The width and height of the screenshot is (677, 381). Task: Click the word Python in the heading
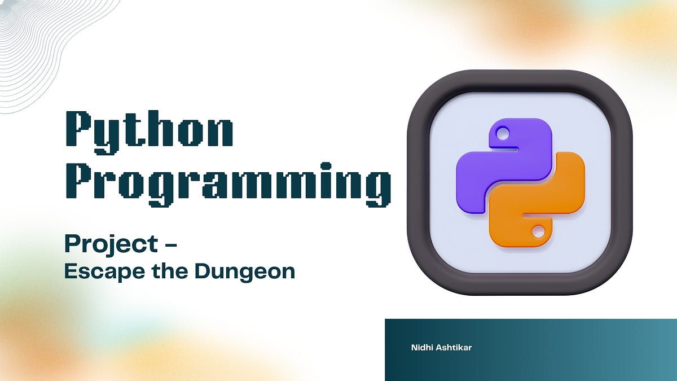(x=150, y=131)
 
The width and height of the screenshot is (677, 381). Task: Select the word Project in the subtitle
(x=111, y=244)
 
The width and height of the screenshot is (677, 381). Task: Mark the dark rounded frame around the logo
(x=417, y=186)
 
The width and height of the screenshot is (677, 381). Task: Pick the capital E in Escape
(x=70, y=271)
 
